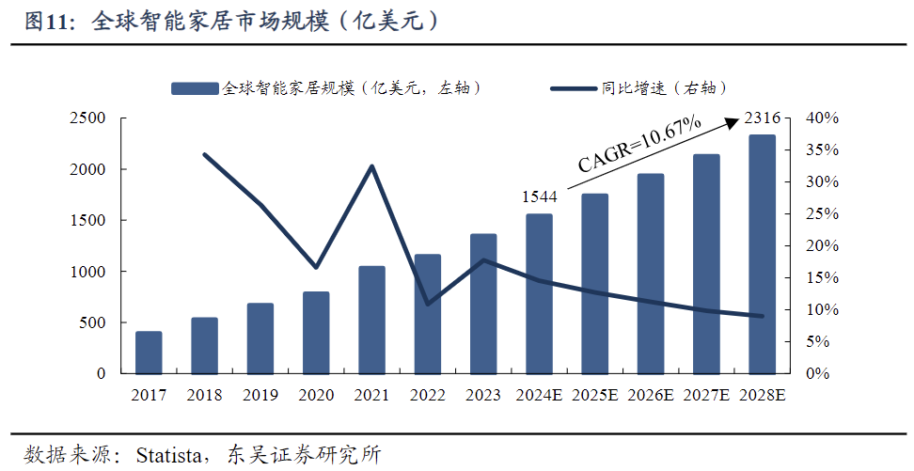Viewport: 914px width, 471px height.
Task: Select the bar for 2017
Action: coord(149,353)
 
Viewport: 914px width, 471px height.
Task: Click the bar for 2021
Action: coord(371,320)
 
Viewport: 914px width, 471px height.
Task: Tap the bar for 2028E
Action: coord(762,254)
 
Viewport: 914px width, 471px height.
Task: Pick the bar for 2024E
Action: coord(539,293)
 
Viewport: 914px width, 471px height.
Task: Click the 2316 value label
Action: coord(762,118)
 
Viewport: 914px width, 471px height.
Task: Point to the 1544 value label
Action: coord(540,196)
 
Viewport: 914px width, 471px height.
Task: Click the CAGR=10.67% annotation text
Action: coord(640,144)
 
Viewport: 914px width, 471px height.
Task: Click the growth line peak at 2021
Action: coord(372,166)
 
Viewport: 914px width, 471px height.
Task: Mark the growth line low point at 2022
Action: coord(428,304)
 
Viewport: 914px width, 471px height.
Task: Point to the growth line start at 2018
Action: coord(205,154)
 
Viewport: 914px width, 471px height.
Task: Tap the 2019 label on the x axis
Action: coord(260,395)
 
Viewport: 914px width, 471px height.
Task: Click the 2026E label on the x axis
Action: coord(651,395)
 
